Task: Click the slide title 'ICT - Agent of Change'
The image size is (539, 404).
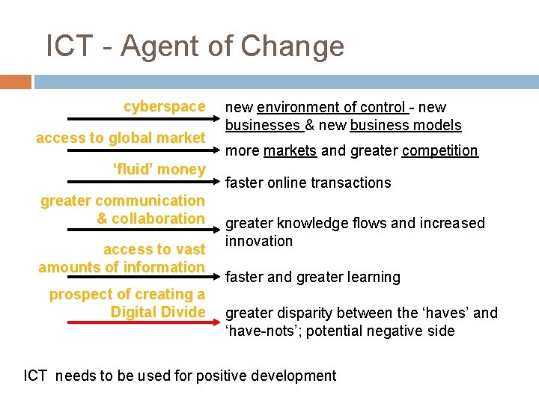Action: click(x=195, y=46)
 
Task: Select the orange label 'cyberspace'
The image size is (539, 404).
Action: click(x=164, y=107)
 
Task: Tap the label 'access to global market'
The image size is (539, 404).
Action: click(x=121, y=138)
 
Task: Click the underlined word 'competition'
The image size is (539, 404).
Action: click(x=439, y=150)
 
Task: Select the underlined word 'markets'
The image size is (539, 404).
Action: click(x=290, y=150)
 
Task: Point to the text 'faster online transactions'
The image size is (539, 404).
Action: click(x=308, y=183)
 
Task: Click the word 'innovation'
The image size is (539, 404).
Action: click(x=259, y=241)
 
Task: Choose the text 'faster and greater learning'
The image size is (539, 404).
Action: click(x=312, y=277)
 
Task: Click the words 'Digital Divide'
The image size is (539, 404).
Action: click(x=158, y=312)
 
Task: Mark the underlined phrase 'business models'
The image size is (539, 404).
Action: click(x=405, y=125)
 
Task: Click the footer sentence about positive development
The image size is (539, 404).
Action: click(x=180, y=376)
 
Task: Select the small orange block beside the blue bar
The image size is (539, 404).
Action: click(x=16, y=82)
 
